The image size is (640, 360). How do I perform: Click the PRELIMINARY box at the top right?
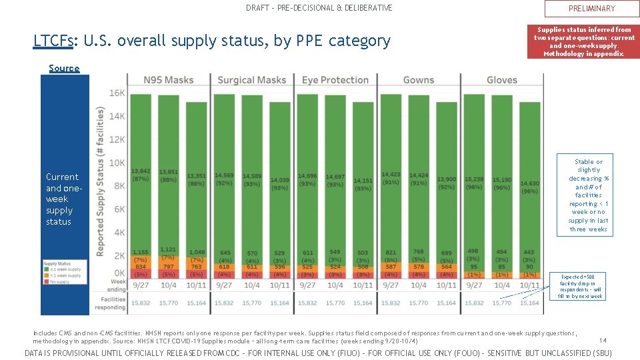pyautogui.click(x=591, y=9)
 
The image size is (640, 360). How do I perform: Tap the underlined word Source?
pyautogui.click(x=64, y=68)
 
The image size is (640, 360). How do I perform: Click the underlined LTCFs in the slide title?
pyautogui.click(x=54, y=41)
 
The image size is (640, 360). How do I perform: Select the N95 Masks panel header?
pyautogui.click(x=169, y=80)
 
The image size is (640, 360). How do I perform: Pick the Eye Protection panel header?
pyautogui.click(x=335, y=80)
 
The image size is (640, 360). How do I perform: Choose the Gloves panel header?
pyautogui.click(x=501, y=80)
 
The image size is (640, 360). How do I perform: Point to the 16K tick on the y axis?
pyautogui.click(x=117, y=93)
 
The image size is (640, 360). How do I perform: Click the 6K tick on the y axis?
pyautogui.click(x=118, y=209)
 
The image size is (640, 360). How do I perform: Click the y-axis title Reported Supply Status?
pyautogui.click(x=100, y=182)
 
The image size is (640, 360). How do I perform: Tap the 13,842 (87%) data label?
pyautogui.click(x=141, y=175)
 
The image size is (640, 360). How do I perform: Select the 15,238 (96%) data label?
pyautogui.click(x=474, y=183)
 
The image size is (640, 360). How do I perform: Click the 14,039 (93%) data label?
pyautogui.click(x=280, y=183)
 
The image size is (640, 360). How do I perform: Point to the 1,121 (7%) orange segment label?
pyautogui.click(x=169, y=253)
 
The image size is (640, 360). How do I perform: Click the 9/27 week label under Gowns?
pyautogui.click(x=391, y=285)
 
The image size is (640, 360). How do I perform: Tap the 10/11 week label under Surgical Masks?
pyautogui.click(x=280, y=285)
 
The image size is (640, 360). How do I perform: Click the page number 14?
pyautogui.click(x=602, y=340)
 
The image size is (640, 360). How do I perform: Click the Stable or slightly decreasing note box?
pyautogui.click(x=589, y=195)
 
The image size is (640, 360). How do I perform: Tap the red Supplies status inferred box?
pyautogui.click(x=584, y=41)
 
